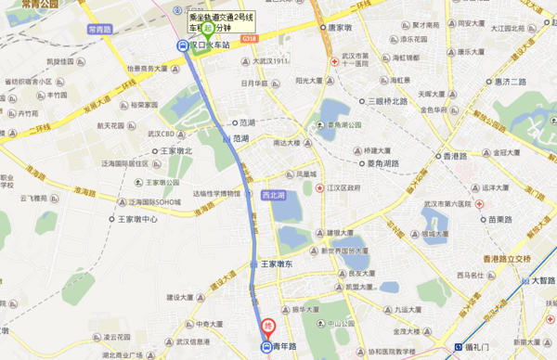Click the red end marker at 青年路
click(268, 327)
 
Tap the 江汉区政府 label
click(348, 188)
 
